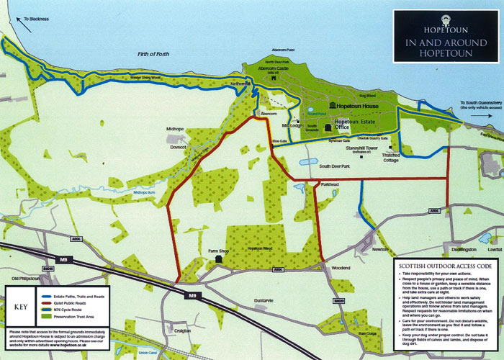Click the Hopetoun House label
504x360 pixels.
coord(359,107)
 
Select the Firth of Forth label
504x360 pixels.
coord(160,54)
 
